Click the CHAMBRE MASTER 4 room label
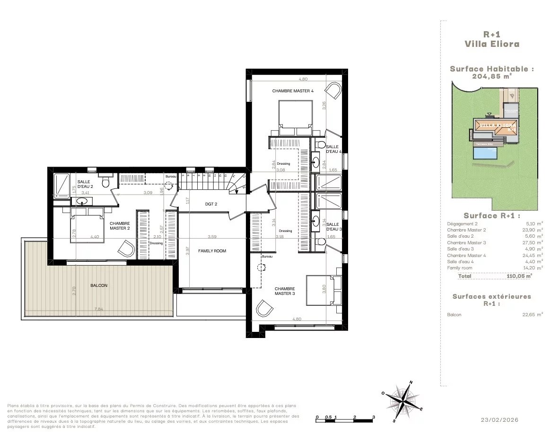[x=292, y=90]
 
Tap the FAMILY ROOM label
[x=212, y=251]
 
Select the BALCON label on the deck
[x=99, y=285]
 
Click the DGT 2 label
[x=211, y=204]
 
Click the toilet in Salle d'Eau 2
[x=106, y=182]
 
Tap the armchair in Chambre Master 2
[x=126, y=249]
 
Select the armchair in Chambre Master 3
[x=264, y=309]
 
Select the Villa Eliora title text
[x=491, y=44]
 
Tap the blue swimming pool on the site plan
[x=486, y=153]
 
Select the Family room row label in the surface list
[x=459, y=268]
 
